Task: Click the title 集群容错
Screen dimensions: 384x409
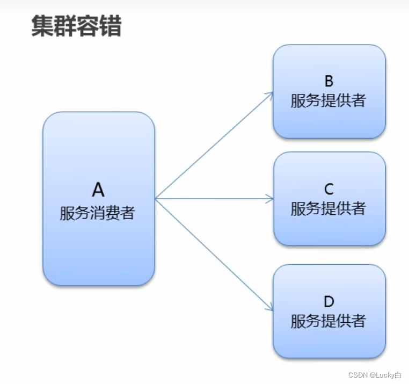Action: pyautogui.click(x=76, y=26)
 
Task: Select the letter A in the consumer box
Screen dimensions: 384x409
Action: pyautogui.click(x=98, y=190)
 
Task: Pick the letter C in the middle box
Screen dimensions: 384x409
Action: pyautogui.click(x=329, y=189)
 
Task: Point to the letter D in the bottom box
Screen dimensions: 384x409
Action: pyautogui.click(x=329, y=301)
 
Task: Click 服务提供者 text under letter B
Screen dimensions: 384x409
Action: pyautogui.click(x=328, y=100)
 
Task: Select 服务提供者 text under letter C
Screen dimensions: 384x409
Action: pyautogui.click(x=328, y=208)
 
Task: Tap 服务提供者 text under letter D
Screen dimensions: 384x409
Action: pyautogui.click(x=328, y=321)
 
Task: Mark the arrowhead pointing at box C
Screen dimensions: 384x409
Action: pyautogui.click(x=271, y=199)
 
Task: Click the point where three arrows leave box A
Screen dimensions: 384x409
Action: pyautogui.click(x=155, y=199)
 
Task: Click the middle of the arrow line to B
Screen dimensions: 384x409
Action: pyautogui.click(x=214, y=146)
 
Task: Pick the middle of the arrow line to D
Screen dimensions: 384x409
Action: pyautogui.click(x=214, y=254)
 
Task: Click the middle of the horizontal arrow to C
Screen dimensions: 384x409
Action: pyautogui.click(x=214, y=199)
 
